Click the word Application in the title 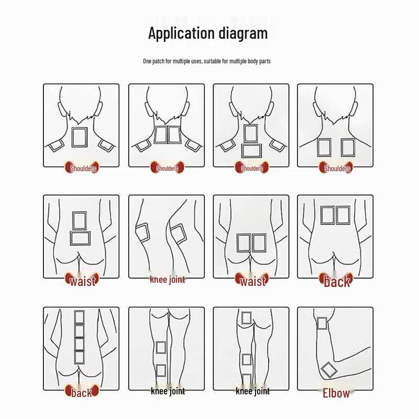(x=181, y=34)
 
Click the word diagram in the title (x=244, y=34)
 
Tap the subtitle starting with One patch (x=207, y=61)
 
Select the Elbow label (x=336, y=393)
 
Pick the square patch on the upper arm (x=322, y=323)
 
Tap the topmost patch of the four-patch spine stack (x=79, y=317)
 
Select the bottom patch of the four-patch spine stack (x=79, y=357)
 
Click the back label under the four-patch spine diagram (x=81, y=392)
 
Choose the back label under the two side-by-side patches (x=336, y=281)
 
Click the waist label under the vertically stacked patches (x=82, y=281)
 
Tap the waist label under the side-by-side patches (x=252, y=281)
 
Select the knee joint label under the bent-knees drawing (x=167, y=280)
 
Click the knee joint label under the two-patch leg (x=168, y=391)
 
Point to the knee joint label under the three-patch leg (x=252, y=391)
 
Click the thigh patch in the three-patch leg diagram (x=246, y=318)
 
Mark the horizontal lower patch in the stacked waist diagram (x=80, y=238)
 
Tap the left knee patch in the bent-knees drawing (x=142, y=232)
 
